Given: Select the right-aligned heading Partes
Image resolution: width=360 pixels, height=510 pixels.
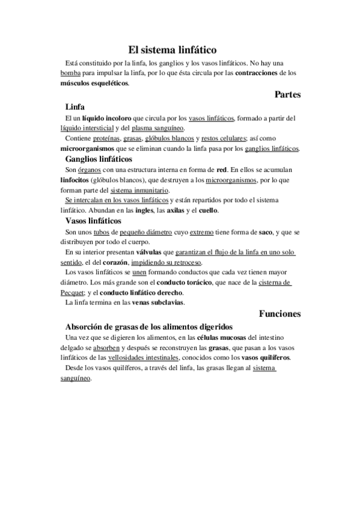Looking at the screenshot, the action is pyautogui.click(x=287, y=94).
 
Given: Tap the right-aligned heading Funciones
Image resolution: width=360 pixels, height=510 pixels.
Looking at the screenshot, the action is pyautogui.click(x=279, y=313).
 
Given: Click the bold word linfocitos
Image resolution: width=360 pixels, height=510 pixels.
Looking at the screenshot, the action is pyautogui.click(x=77, y=180).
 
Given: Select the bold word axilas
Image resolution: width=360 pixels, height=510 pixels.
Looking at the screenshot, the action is pyautogui.click(x=175, y=211).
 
